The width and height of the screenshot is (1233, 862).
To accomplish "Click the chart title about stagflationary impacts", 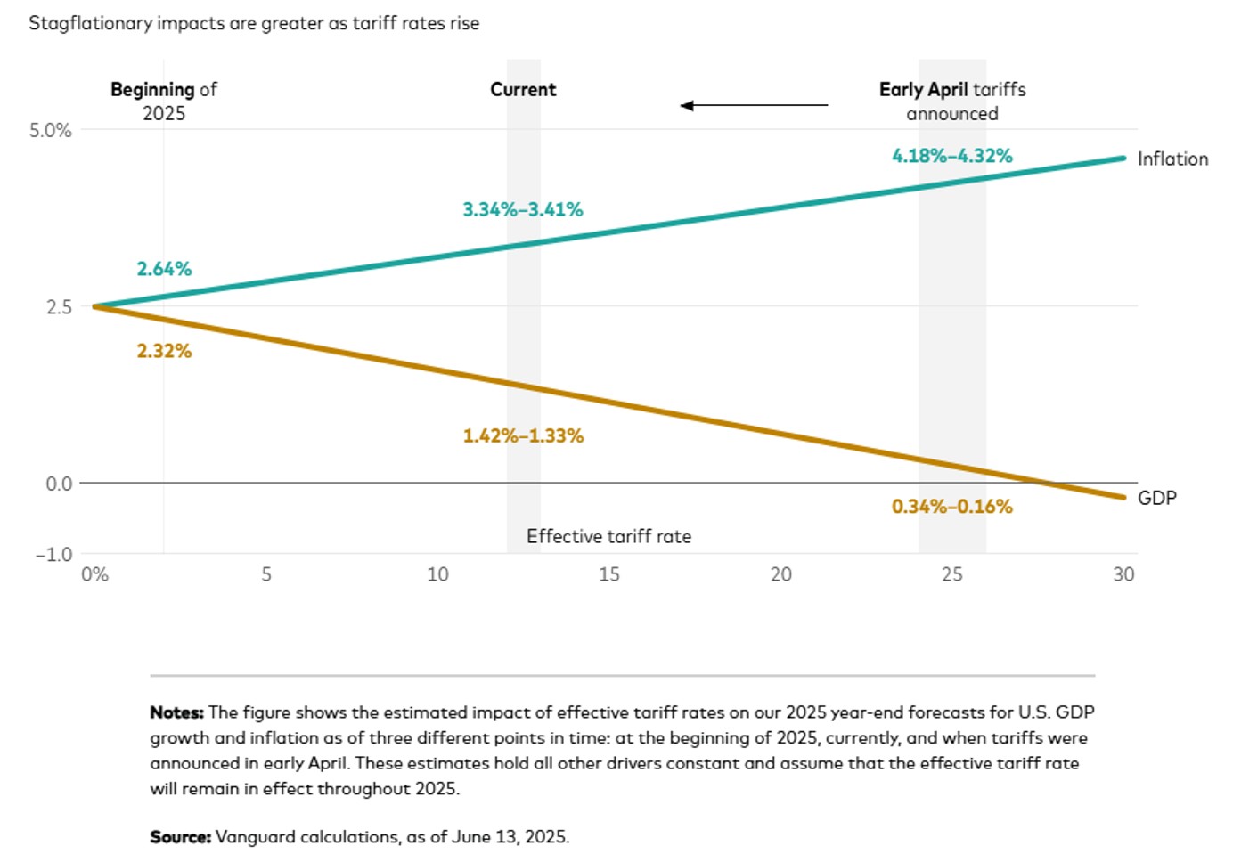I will coord(254,23).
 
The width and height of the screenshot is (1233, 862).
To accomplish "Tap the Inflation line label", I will coord(1172,159).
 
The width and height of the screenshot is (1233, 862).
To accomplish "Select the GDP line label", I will coord(1156,498).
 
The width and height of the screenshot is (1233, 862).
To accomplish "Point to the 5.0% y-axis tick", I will coord(50,130).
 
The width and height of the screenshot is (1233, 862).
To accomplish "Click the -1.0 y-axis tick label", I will coord(53,554).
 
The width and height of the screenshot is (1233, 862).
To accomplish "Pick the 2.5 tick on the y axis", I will coord(59,306).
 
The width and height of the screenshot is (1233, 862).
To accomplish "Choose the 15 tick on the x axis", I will coord(608,574).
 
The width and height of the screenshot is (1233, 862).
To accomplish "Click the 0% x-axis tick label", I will coord(94,574).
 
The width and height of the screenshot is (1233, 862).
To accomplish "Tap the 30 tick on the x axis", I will coord(1123,574).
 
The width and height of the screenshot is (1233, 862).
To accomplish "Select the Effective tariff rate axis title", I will coord(608,536).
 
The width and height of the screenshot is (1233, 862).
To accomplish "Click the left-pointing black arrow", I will coord(753,105).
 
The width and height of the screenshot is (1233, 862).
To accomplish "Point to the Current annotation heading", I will coord(523,89).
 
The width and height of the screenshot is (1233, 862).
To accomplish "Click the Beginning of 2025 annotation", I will coord(164,101).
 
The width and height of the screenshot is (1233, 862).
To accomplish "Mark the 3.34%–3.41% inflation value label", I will coord(522,209).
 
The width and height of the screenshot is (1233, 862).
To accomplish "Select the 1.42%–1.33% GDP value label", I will coord(523,435).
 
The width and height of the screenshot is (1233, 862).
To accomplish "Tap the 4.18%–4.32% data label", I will coord(951,156).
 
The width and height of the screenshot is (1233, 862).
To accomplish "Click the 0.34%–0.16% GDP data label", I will coord(951,507).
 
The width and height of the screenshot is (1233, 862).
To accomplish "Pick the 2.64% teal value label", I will coord(164,269).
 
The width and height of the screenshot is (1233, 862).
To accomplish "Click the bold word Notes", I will coord(176,712).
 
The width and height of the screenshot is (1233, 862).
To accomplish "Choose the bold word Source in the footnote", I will coord(180,837).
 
